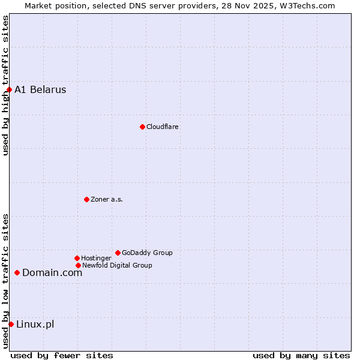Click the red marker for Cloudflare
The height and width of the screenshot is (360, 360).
pos(142,127)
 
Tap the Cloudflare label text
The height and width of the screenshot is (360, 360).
pos(163,127)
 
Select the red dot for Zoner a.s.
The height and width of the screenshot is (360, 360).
pos(86,199)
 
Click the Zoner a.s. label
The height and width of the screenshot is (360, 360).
pos(107,199)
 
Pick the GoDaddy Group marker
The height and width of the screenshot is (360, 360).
pos(118,253)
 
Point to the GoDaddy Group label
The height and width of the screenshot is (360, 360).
pos(147,253)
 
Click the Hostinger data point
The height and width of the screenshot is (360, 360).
pos(77,258)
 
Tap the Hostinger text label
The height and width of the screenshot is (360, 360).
pos(96,258)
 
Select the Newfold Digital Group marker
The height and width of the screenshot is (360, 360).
pos(78,265)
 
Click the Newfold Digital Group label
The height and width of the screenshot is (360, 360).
pos(117,265)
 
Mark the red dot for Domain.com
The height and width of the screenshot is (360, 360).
pos(17,272)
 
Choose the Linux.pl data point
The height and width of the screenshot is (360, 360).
pos(11,324)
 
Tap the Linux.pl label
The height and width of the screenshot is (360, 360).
pos(35,324)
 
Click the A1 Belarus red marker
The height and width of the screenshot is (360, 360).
pos(9,89)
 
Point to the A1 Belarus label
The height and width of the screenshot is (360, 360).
pos(40,89)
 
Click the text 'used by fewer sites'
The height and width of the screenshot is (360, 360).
pos(62,355)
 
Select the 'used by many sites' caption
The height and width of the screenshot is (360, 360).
pos(301,355)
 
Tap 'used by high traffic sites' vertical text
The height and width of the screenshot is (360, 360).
pos(5,85)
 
